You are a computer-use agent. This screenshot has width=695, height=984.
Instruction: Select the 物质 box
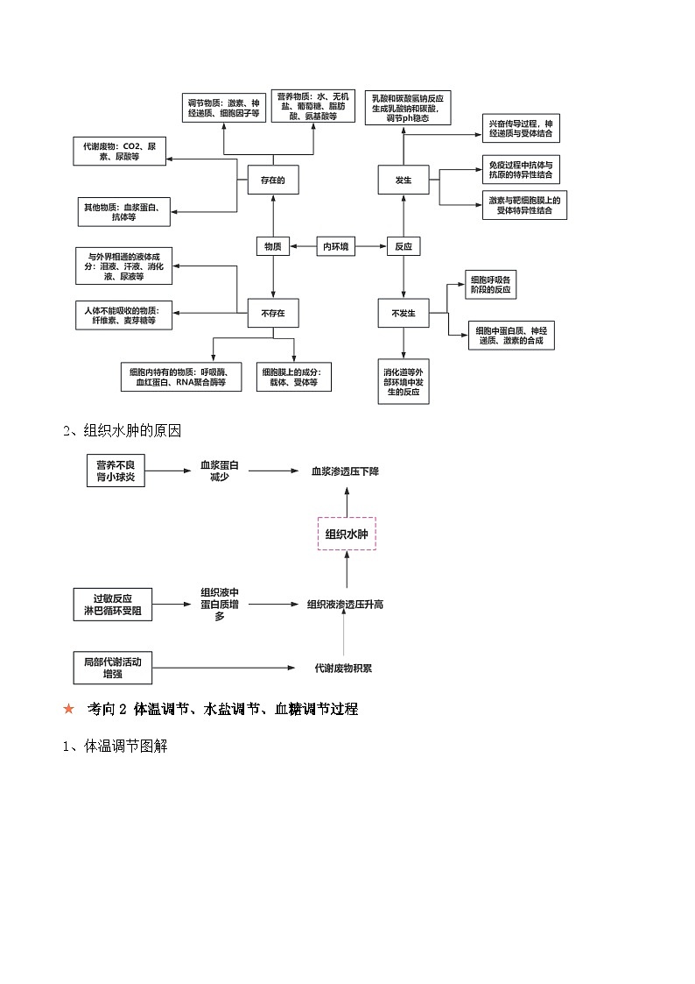(273, 247)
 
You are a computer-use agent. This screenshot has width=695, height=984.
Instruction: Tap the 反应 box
(403, 247)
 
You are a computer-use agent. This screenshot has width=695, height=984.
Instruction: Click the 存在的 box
(273, 181)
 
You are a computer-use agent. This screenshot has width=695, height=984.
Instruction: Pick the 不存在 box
(273, 313)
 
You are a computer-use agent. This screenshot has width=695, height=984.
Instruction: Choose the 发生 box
(404, 181)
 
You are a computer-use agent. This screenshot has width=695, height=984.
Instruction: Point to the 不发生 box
(404, 313)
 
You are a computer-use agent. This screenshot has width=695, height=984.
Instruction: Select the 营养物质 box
(313, 106)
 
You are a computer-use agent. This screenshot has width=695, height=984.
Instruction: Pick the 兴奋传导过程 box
(521, 129)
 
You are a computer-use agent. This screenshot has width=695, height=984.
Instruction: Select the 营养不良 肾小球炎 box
(116, 471)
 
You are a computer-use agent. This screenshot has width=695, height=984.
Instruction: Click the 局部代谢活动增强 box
(112, 668)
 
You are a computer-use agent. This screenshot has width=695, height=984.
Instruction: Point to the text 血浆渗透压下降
(346, 471)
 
